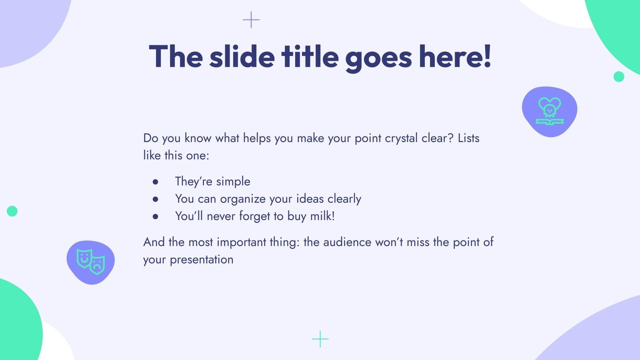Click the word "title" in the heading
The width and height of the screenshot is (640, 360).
point(310,56)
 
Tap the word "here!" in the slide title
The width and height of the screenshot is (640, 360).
point(455,56)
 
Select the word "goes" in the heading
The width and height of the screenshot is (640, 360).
point(378,58)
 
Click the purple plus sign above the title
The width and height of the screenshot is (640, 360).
point(251,20)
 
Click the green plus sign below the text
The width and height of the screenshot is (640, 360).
point(320,339)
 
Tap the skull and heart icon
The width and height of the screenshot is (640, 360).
point(550,111)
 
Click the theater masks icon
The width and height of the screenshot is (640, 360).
point(91,262)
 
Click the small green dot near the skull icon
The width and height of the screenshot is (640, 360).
point(619,76)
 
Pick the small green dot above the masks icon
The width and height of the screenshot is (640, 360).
point(12,211)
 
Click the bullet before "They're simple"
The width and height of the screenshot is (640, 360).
point(156,182)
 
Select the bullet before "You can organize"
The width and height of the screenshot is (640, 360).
point(156,199)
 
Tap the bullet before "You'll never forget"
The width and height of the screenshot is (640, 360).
point(156,216)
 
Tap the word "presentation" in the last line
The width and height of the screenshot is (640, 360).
point(202,260)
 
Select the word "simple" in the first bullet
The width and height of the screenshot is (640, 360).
point(233,182)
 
